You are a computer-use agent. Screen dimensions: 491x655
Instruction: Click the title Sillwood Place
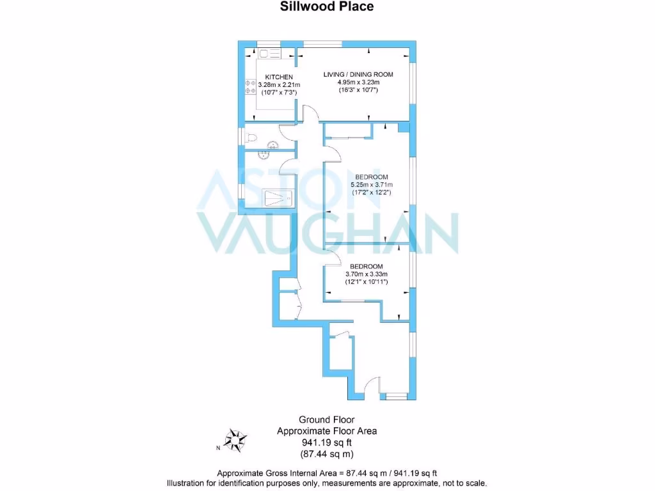pos(327,7)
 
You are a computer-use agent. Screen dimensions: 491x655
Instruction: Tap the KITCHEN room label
pos(279,77)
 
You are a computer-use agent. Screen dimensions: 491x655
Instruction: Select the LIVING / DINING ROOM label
pos(358,74)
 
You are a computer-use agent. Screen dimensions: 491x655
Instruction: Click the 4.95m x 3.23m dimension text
pos(358,82)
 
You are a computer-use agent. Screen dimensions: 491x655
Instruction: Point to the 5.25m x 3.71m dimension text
pos(371,185)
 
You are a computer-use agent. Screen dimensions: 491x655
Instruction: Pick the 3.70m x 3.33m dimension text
pos(367,274)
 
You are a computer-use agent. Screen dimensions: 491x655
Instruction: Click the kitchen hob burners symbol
pos(250,86)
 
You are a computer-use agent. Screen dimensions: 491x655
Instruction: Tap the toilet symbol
pos(252,137)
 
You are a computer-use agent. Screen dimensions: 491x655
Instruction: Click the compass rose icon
pos(237,440)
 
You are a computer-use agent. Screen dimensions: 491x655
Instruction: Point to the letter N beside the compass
pos(217,448)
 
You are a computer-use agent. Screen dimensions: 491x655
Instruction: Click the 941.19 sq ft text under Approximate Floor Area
pos(327,442)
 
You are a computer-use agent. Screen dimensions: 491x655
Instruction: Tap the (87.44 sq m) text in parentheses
pos(327,454)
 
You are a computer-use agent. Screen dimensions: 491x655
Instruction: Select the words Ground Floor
pos(327,419)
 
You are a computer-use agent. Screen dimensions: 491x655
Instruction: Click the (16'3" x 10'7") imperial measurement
pos(358,91)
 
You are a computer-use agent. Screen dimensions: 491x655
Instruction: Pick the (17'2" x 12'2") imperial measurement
pos(371,192)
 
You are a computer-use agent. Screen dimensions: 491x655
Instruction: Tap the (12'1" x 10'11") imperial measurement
pos(367,282)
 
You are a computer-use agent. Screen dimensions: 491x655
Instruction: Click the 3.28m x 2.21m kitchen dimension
pos(279,85)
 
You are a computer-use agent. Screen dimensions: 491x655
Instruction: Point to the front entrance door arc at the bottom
pos(370,386)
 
